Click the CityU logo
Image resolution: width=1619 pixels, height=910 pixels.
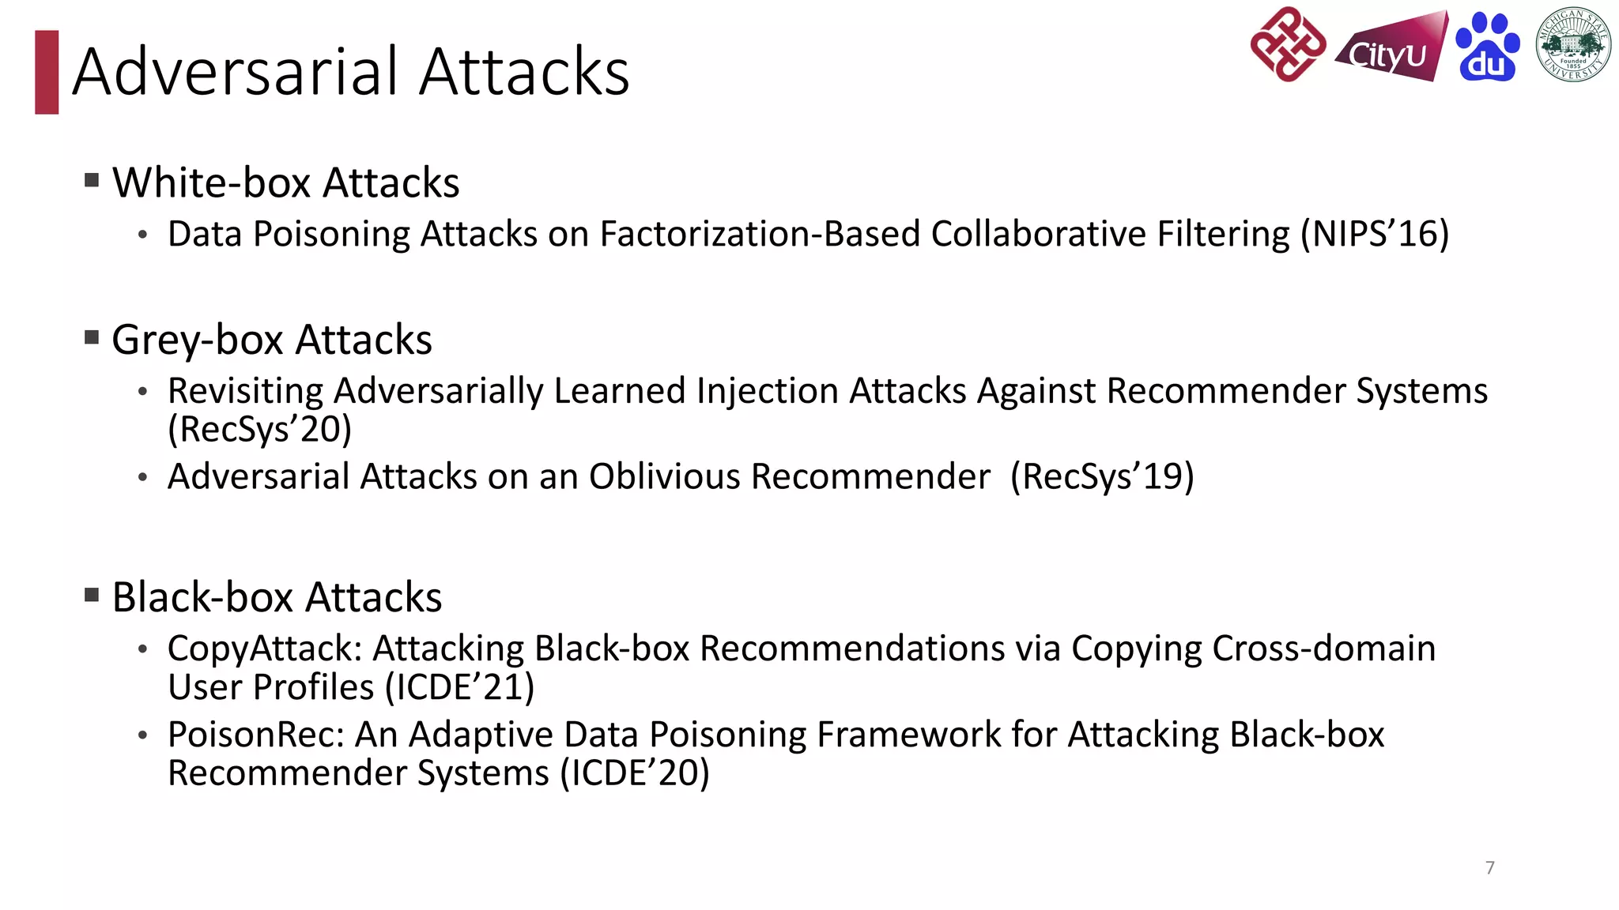(1391, 49)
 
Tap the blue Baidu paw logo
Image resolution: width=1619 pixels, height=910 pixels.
(1487, 47)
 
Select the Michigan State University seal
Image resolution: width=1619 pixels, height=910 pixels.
(1572, 44)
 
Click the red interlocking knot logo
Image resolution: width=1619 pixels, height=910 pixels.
(1288, 44)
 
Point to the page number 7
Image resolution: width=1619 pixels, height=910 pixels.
(1490, 867)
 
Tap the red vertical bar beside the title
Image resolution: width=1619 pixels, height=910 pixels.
(47, 72)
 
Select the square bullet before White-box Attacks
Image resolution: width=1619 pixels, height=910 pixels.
(92, 181)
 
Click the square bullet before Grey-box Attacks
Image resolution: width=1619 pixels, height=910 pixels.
(92, 338)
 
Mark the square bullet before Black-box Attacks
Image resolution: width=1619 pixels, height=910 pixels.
(92, 595)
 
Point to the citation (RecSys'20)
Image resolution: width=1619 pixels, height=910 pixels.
(259, 430)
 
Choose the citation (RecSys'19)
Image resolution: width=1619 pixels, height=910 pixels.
(1102, 476)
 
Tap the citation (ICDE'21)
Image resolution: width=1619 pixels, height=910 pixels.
(459, 687)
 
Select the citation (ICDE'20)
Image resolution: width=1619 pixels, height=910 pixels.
(635, 773)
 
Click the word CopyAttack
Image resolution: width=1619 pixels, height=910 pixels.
(264, 649)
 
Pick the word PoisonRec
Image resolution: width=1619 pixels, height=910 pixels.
(256, 735)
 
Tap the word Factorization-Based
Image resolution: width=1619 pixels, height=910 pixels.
(760, 234)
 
